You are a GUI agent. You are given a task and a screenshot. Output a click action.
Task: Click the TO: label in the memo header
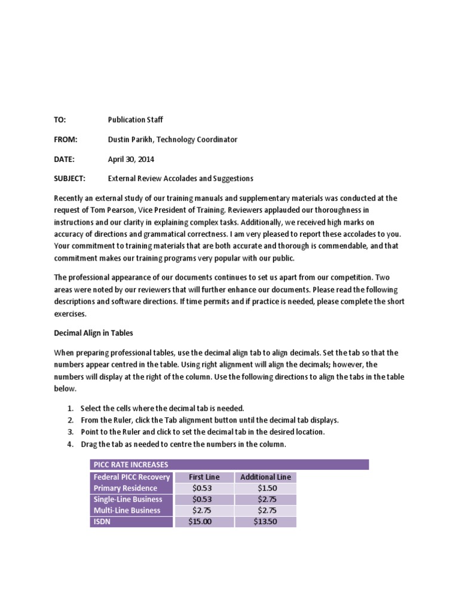pos(60,120)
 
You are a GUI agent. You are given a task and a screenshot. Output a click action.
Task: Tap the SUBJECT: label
pos(70,178)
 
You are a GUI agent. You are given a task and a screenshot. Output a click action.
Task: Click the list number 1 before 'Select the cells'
pos(70,408)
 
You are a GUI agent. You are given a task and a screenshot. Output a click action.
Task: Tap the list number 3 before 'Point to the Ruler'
pos(70,432)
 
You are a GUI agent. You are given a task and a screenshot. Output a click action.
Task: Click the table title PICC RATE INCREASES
pos(130,464)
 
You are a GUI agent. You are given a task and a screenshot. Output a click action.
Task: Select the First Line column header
pos(204,477)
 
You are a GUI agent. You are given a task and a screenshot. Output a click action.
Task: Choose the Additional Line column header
pos(265,477)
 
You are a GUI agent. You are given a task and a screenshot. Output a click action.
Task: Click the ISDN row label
pos(102,522)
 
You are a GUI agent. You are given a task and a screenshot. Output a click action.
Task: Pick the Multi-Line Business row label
pos(127,510)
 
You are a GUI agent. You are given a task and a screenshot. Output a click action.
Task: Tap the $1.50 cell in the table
pos(266,488)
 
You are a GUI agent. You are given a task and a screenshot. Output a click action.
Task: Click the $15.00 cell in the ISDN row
pos(204,522)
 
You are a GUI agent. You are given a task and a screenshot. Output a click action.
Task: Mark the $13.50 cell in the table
pos(266,522)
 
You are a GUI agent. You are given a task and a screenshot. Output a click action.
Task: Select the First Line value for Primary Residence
pos(204,488)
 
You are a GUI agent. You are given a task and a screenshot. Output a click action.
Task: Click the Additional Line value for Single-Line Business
pos(266,499)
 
